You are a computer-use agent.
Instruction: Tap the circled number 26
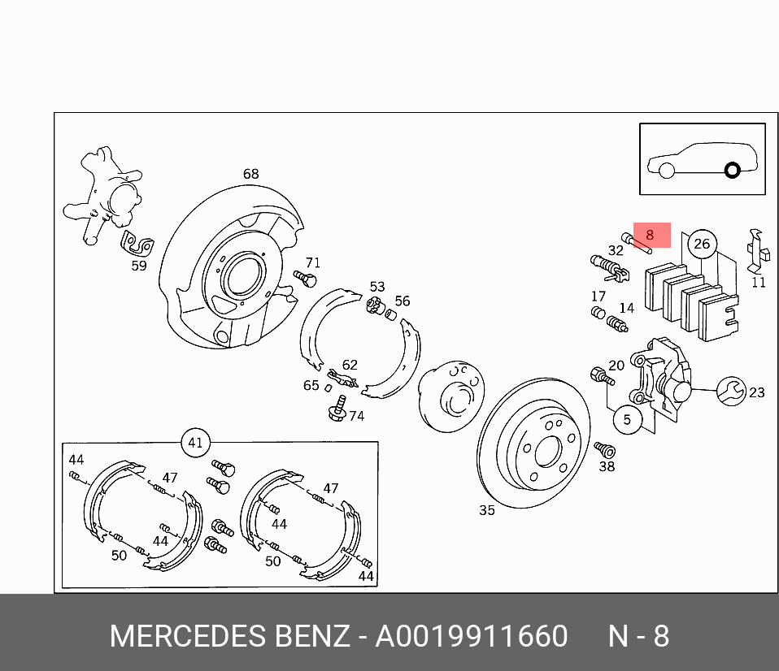pos(701,243)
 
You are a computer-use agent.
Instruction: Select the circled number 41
pos(195,443)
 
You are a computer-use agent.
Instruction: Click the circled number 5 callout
pos(627,420)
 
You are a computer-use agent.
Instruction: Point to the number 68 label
pos(250,174)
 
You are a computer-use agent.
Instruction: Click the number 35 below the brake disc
pos(486,510)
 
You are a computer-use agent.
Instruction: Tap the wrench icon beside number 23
pos(730,392)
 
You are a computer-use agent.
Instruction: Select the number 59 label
pos(139,265)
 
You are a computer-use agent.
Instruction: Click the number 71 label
pos(312,262)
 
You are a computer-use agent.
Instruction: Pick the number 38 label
pos(607,466)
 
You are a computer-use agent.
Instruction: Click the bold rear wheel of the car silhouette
pos(732,171)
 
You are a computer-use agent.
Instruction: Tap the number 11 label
pos(758,283)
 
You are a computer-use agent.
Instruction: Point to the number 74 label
pos(356,416)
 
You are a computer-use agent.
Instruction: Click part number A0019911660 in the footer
pos(471,635)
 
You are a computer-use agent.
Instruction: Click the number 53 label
pos(377,287)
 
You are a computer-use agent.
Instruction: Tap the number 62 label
pos(350,366)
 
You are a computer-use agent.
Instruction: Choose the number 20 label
pos(616,366)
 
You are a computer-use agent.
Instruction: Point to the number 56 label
pos(403,301)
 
